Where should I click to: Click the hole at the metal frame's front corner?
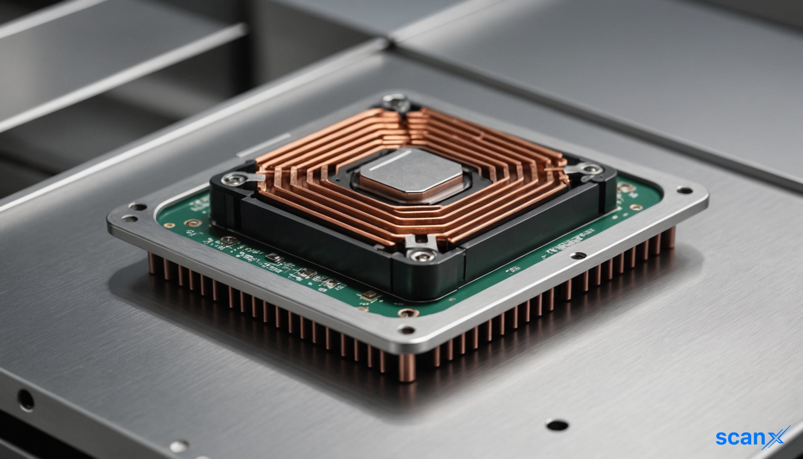407,330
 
